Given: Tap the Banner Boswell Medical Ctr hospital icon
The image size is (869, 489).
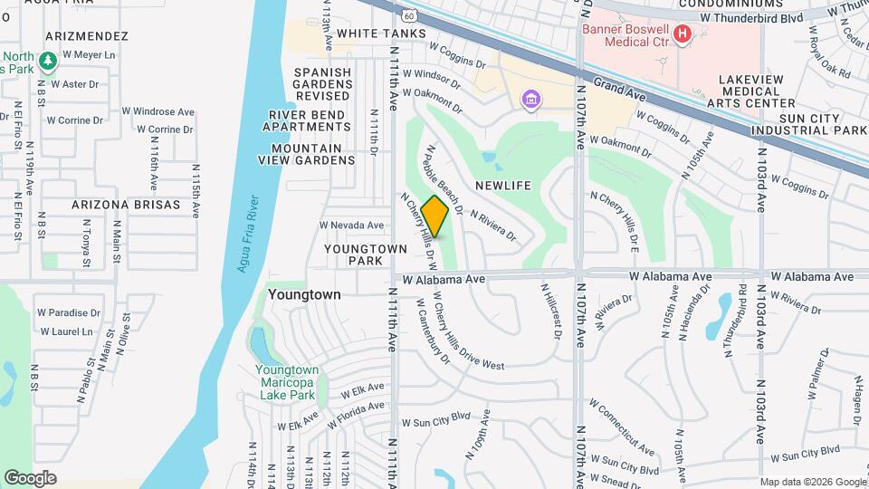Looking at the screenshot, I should click(x=683, y=34).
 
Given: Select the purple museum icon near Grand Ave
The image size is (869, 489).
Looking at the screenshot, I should click(x=531, y=100).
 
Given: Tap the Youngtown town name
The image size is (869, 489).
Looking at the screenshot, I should click(x=304, y=294).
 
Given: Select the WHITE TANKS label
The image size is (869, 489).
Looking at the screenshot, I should click(x=380, y=34).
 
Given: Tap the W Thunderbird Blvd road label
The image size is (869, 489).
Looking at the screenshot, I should click(x=751, y=17).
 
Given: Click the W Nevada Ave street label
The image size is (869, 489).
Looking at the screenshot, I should click(x=352, y=225).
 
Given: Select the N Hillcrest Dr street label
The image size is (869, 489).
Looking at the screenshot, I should click(x=549, y=310).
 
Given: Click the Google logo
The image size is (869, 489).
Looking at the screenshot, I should click(x=30, y=478).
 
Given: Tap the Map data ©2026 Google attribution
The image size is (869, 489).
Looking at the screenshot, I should click(x=812, y=482).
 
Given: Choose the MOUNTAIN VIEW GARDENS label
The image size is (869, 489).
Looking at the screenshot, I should click(x=312, y=154).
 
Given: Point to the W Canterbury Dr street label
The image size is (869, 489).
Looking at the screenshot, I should click(x=433, y=332).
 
